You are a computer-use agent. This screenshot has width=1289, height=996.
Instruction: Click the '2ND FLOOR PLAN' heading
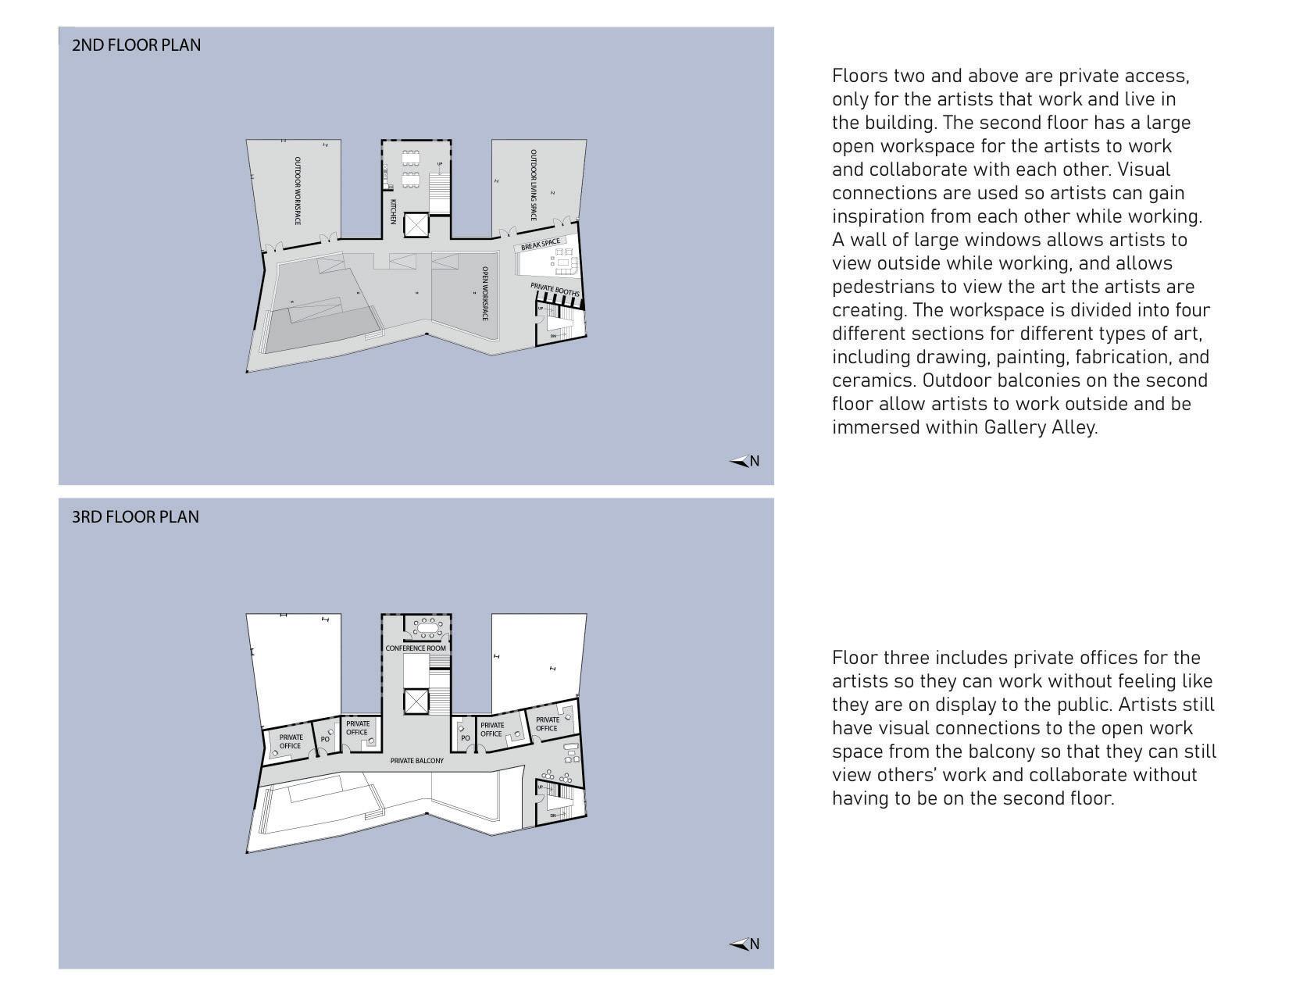136,45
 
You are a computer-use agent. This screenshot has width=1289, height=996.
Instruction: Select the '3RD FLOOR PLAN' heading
135,517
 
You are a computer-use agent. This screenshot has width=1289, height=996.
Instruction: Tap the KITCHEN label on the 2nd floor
393,212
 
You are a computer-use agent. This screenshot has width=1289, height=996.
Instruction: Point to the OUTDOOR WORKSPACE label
298,191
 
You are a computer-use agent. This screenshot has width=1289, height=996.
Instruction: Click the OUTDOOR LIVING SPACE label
534,185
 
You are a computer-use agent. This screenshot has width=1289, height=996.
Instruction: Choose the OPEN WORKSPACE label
484,294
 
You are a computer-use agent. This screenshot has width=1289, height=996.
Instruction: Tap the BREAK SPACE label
541,245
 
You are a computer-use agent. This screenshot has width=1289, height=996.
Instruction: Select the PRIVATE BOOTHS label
555,291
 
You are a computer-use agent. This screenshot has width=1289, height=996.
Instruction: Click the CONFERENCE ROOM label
416,648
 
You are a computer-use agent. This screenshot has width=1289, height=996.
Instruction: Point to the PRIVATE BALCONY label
417,761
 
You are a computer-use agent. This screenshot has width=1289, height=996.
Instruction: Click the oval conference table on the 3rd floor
427,627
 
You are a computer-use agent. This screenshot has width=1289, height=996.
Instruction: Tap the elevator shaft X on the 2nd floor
416,226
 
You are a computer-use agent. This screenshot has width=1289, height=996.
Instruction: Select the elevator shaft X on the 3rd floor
416,701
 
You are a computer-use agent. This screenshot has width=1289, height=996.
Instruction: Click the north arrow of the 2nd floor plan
744,462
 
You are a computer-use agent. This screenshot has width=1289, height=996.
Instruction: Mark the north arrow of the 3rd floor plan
744,944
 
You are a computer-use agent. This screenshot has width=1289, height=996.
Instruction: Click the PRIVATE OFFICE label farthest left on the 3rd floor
291,741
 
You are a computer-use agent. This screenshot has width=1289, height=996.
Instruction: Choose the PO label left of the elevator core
325,739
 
